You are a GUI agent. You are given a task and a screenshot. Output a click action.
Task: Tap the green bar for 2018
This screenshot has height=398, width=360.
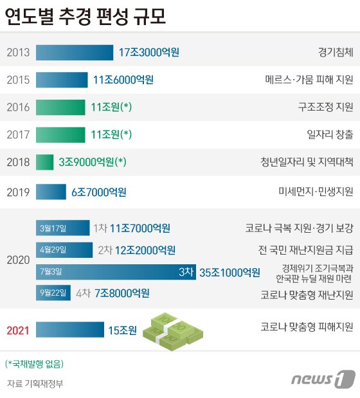click(45, 162)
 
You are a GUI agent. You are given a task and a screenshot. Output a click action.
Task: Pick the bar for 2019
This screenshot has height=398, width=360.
click(51, 192)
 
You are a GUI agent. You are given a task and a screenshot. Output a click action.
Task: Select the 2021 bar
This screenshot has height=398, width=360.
click(69, 330)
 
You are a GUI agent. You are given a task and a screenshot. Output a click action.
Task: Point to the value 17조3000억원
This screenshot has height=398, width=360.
click(149, 52)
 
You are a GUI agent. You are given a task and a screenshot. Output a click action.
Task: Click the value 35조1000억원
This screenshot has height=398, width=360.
click(230, 272)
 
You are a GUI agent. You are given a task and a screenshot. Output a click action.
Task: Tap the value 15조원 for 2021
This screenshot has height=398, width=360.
click(122, 330)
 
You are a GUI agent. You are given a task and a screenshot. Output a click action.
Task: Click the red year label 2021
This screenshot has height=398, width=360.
click(18, 330)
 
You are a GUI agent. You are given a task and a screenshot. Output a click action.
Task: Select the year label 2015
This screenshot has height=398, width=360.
click(18, 80)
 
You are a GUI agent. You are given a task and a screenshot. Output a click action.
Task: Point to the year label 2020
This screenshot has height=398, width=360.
click(18, 260)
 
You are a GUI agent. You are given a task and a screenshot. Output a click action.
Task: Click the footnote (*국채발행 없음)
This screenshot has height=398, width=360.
click(34, 364)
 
